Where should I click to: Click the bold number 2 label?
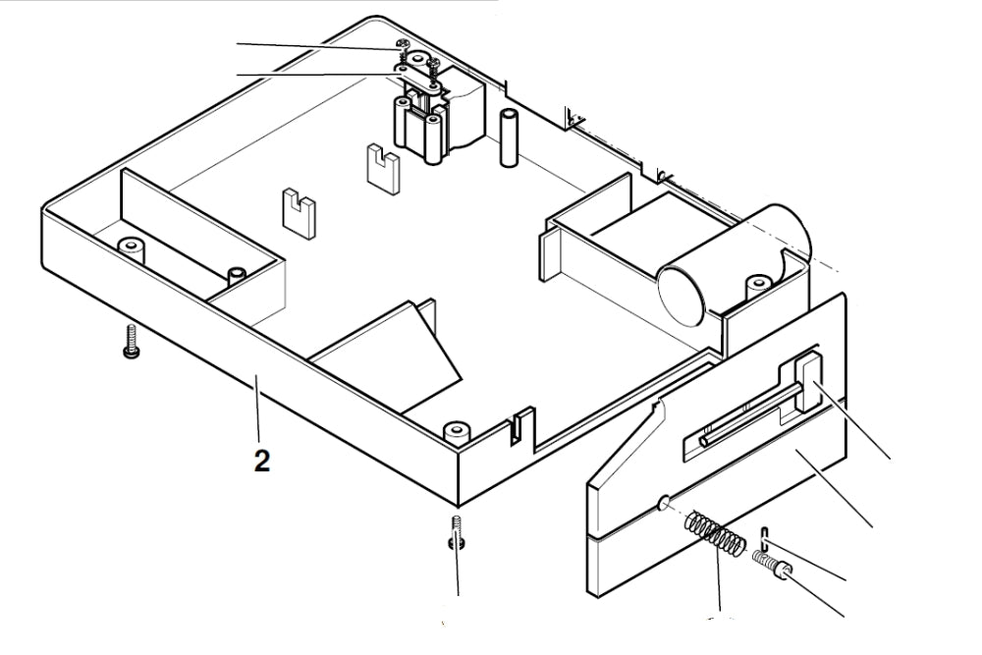(262, 461)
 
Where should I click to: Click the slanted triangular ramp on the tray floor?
(393, 349)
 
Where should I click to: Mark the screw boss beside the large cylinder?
(757, 286)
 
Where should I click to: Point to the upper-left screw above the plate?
(401, 46)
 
